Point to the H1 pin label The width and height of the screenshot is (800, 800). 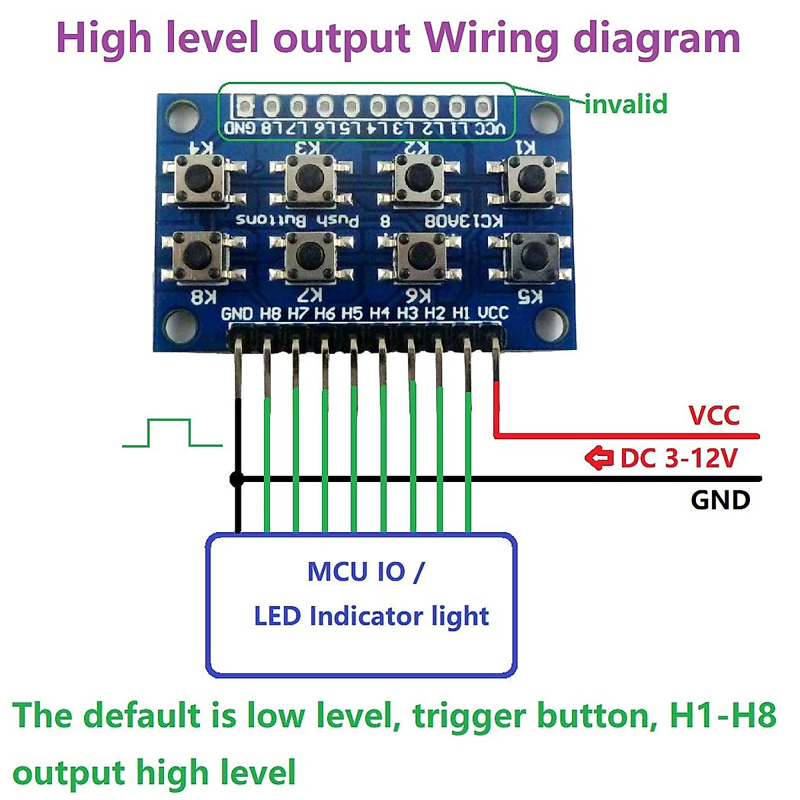(461, 313)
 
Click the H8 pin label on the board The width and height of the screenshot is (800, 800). (271, 313)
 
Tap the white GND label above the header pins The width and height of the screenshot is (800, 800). (237, 313)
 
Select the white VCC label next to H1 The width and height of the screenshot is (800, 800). (493, 313)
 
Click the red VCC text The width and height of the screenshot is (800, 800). (714, 415)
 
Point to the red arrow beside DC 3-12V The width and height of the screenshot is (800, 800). (599, 458)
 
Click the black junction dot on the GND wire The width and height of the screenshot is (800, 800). (236, 479)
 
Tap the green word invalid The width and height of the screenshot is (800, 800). (625, 105)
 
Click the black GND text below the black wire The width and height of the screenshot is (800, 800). (720, 500)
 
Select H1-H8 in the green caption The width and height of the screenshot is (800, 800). (723, 715)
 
